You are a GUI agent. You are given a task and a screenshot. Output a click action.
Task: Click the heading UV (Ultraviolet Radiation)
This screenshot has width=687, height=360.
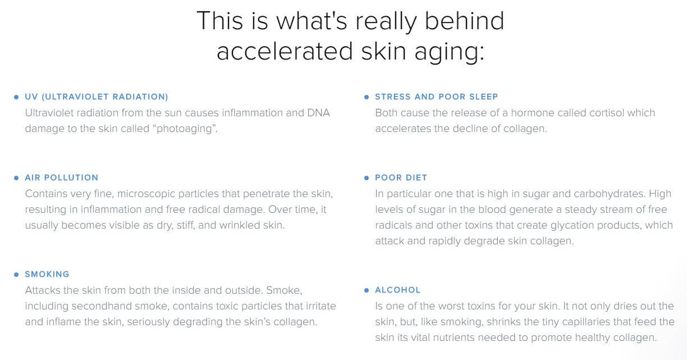tap(97, 97)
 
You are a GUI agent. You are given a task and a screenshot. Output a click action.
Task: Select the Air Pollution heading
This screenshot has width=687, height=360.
tap(62, 177)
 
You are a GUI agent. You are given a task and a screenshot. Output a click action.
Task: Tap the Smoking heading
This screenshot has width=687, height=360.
tap(47, 274)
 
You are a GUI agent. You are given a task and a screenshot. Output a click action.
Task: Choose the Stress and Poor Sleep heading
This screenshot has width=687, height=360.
tap(437, 97)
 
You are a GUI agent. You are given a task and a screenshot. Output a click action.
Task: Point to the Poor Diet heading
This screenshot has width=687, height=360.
tap(401, 177)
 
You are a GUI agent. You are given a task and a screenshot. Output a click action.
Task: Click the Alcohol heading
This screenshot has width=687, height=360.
tap(397, 290)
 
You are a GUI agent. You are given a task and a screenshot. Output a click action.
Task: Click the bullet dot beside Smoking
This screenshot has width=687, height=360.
tap(16, 275)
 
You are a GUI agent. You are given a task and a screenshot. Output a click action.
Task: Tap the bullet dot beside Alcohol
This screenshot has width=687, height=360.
tap(367, 290)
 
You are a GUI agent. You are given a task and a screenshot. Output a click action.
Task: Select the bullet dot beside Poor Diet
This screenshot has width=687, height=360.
tap(367, 177)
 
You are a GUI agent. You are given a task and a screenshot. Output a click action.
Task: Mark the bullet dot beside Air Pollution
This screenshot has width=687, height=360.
tap(16, 177)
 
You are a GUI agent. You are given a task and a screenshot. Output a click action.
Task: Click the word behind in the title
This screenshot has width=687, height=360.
tap(464, 21)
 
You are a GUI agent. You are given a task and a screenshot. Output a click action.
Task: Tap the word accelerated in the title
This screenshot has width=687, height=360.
tap(285, 51)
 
